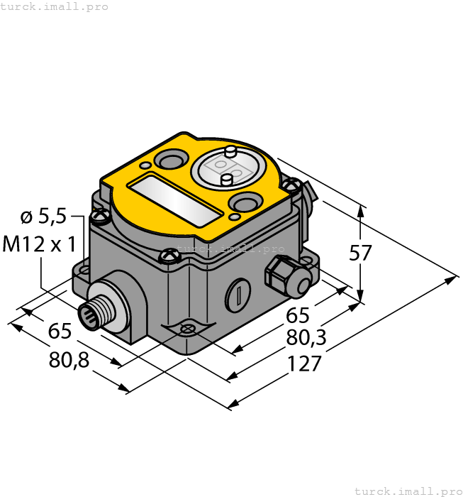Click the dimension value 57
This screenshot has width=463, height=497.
click(362, 253)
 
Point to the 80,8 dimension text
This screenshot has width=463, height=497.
click(69, 360)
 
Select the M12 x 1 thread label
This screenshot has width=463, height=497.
click(40, 245)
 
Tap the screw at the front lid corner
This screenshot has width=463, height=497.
click(168, 255)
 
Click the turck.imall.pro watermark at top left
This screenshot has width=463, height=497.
click(55, 6)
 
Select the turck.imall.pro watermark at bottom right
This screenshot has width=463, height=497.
click(408, 491)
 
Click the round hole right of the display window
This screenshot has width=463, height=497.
click(244, 204)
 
